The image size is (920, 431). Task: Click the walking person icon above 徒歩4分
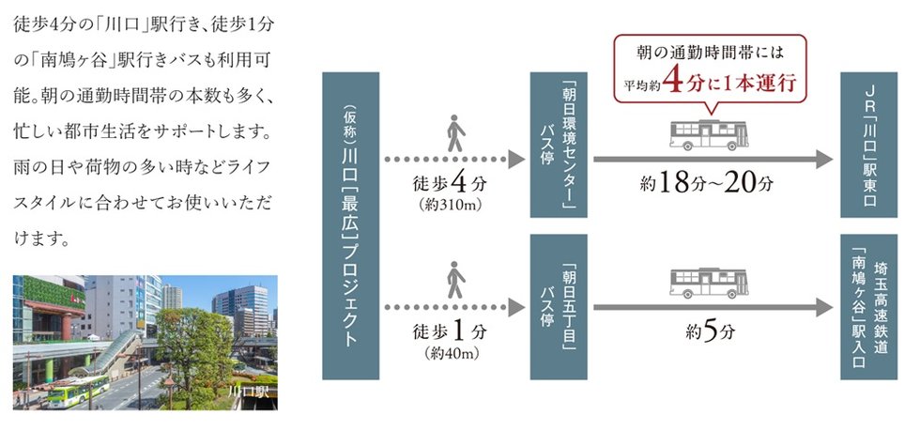[454, 132]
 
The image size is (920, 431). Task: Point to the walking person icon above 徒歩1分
[454, 280]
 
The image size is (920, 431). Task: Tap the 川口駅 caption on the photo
[248, 391]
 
